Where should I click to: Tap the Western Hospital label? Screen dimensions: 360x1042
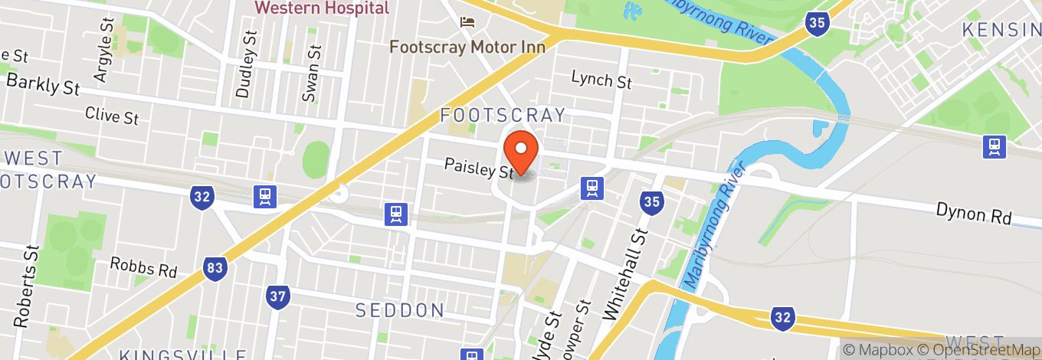pos(322,8)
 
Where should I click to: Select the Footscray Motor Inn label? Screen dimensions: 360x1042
pos(467,47)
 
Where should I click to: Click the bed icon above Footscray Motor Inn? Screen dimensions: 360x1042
pos(467,21)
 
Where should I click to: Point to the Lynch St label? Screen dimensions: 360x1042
pos(601,80)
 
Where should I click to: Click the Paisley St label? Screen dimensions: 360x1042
pos(479,168)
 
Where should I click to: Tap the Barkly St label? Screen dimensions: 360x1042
pos(43,85)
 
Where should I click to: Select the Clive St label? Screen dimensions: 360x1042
pos(112,116)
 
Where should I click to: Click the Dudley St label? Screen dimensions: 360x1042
pos(245,64)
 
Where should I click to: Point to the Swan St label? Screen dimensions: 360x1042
pos(310,73)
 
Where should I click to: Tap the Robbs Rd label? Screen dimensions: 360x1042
pos(143,267)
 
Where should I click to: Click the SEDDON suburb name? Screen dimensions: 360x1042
pos(400,310)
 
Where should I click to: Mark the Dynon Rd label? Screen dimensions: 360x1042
pos(974,214)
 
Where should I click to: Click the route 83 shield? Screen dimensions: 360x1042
pos(216,267)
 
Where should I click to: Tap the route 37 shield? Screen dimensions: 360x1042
pos(278,296)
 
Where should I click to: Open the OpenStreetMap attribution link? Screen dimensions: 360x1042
pos(978,350)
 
